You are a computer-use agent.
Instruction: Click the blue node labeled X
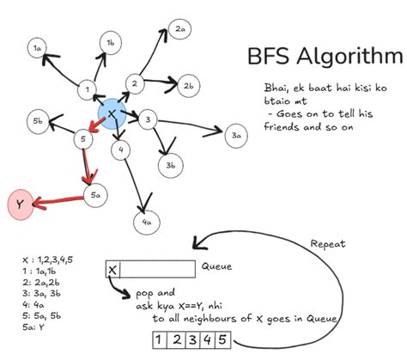112,114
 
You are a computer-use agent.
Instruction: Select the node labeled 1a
37,50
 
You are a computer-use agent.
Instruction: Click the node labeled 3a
236,135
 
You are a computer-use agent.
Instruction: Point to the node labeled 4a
146,222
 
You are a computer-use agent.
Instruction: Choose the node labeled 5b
38,121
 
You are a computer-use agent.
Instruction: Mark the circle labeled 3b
170,165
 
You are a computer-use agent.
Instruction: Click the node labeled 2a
180,30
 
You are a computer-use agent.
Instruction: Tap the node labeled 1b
111,41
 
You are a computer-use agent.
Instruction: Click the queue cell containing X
112,271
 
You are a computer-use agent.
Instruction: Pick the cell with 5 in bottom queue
222,341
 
